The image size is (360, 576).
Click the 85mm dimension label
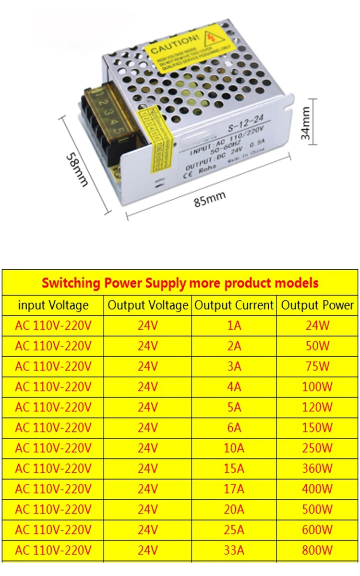click(210, 198)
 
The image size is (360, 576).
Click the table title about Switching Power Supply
click(180, 283)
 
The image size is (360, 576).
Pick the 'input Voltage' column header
click(53, 305)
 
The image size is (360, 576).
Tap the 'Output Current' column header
click(234, 305)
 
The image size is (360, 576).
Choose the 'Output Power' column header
click(317, 305)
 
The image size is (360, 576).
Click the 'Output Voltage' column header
click(148, 305)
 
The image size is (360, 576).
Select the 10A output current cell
click(234, 448)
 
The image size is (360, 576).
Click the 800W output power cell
click(317, 550)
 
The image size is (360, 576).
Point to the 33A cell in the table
click(234, 550)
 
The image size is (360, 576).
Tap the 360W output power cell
click(317, 468)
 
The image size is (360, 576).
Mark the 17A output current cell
click(234, 489)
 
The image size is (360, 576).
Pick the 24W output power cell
click(317, 325)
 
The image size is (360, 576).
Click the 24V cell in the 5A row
click(148, 407)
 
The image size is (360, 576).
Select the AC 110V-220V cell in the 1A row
click(53, 325)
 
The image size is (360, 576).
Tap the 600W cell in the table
click(317, 529)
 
